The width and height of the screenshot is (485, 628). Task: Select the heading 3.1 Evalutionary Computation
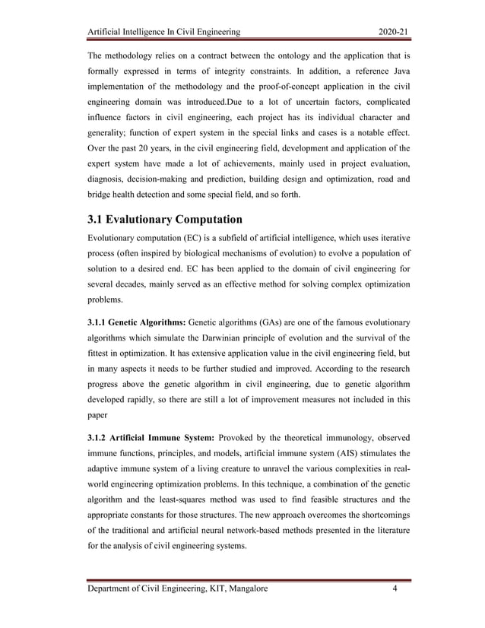click(165, 220)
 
